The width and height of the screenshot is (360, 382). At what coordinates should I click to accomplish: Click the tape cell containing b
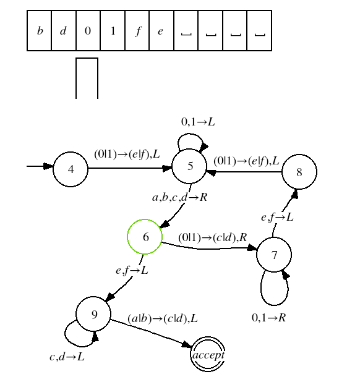(x=39, y=31)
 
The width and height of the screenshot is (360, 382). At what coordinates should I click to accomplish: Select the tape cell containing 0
(x=88, y=31)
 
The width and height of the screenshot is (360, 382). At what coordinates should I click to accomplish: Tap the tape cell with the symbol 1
(x=113, y=31)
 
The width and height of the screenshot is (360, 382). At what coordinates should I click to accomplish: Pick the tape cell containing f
(x=137, y=31)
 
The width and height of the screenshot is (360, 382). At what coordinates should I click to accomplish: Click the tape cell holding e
(x=161, y=31)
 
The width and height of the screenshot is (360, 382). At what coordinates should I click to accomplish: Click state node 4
(x=71, y=169)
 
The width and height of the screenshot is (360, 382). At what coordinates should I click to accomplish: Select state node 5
(x=189, y=166)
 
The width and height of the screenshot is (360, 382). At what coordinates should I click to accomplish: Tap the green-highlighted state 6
(x=145, y=237)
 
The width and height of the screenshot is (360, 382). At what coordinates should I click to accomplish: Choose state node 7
(x=274, y=255)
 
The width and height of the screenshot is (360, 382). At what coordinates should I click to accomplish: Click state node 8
(x=299, y=172)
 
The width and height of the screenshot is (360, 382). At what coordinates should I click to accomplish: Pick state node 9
(x=93, y=314)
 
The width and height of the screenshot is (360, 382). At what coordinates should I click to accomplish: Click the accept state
(x=208, y=354)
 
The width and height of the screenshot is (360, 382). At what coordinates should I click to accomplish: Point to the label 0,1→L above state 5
(x=198, y=122)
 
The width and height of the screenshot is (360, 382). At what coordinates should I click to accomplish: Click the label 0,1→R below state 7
(x=268, y=318)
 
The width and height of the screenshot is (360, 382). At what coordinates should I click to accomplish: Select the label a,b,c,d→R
(x=179, y=197)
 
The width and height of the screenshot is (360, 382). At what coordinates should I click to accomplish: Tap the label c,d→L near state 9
(x=67, y=357)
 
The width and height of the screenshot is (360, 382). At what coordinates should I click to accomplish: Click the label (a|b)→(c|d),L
(x=163, y=318)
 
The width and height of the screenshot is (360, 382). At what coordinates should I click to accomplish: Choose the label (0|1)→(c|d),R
(x=213, y=237)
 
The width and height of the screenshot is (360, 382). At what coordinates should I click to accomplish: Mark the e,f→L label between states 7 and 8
(x=277, y=217)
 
